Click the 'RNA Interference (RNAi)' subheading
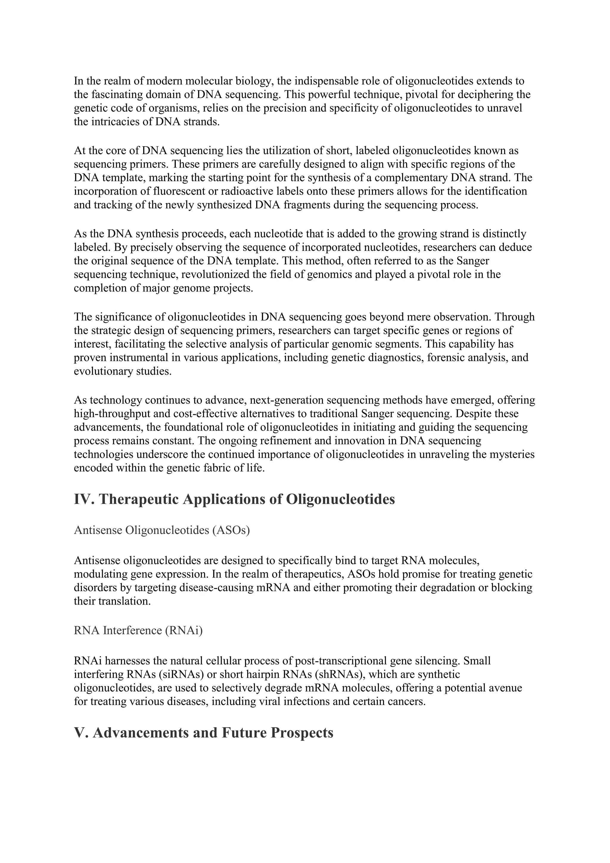point(138,630)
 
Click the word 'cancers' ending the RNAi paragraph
point(407,701)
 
